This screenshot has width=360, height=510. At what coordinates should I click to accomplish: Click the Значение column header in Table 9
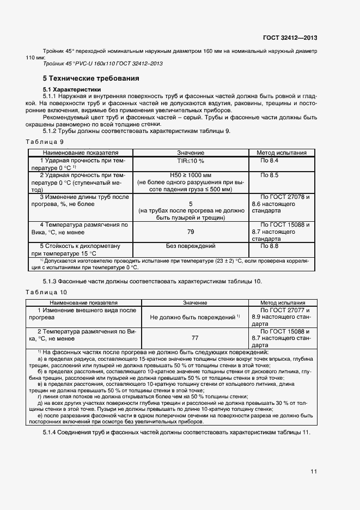pos(190,153)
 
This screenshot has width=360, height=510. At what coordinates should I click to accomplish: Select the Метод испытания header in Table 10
pos(282,302)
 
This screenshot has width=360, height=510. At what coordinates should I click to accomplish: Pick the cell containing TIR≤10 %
pos(190,161)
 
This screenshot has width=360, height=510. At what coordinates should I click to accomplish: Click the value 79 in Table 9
pos(190,232)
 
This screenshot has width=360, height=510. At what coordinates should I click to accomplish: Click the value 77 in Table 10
pos(195,337)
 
